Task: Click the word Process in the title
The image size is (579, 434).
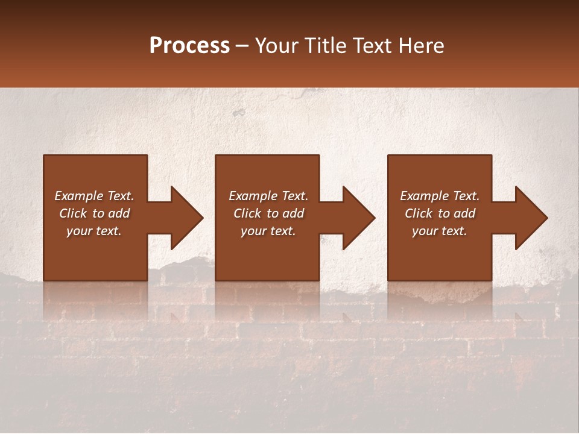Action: tap(189, 46)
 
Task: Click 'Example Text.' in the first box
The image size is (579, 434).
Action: tap(94, 196)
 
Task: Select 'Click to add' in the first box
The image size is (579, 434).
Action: tap(94, 213)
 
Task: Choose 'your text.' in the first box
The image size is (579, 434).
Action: tap(94, 231)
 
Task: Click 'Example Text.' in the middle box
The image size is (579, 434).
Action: tap(268, 196)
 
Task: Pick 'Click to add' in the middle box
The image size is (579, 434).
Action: tap(268, 213)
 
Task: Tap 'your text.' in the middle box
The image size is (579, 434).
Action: tap(268, 231)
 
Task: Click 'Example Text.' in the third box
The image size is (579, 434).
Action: tap(440, 196)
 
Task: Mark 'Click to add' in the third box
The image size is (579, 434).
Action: tap(440, 213)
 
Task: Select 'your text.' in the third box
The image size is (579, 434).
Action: tap(440, 231)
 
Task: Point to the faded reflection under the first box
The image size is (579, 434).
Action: tap(95, 301)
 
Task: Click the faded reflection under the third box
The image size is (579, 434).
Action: tap(440, 301)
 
